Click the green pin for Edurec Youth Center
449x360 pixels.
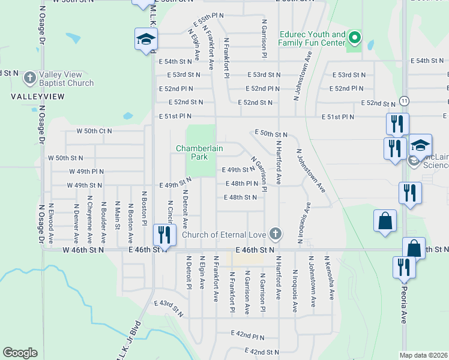click(355, 40)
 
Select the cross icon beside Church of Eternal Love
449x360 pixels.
click(275, 233)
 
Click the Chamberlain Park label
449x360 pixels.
click(191, 152)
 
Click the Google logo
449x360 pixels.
click(20, 353)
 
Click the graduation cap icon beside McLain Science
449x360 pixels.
click(421, 145)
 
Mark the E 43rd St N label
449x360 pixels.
click(168, 308)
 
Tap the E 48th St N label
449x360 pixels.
click(241, 197)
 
